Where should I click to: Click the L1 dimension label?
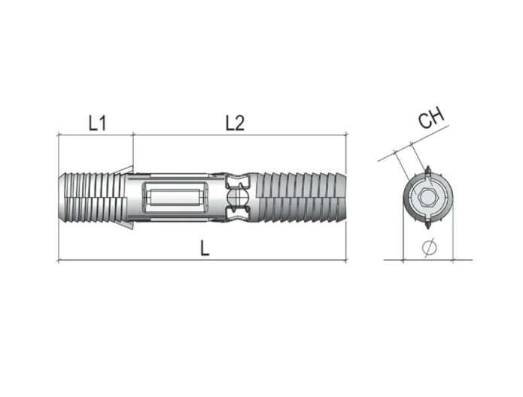(97, 123)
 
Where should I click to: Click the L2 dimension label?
(235, 123)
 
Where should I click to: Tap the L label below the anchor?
(205, 248)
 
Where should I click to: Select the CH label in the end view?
(432, 117)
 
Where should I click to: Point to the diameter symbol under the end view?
(429, 247)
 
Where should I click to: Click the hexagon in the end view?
(427, 197)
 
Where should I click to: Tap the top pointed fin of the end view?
(427, 171)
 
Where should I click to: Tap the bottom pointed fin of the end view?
(427, 223)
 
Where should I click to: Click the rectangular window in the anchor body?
(176, 197)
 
